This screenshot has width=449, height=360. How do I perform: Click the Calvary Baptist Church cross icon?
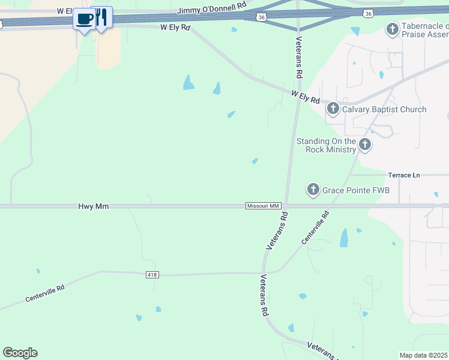tap(333, 109)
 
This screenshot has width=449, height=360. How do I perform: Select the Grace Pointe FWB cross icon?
tap(313, 190)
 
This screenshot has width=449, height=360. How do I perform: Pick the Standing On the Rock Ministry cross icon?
tap(365, 144)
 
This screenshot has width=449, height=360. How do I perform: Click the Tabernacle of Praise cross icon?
tap(393, 29)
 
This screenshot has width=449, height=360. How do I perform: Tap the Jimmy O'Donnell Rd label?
tap(204, 11)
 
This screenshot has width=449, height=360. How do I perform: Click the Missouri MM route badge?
tap(264, 206)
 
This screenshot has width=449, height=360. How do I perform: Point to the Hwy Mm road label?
tap(93, 206)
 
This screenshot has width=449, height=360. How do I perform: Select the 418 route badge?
tap(152, 275)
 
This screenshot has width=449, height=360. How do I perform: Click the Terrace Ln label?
tap(404, 175)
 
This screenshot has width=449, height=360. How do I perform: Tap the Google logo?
tap(20, 353)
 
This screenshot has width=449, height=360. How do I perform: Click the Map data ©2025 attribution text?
tap(424, 355)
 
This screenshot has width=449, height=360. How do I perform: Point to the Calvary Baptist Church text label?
tap(384, 109)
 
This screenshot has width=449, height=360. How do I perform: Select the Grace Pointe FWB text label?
tap(356, 190)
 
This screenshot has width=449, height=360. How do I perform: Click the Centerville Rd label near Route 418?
tap(44, 293)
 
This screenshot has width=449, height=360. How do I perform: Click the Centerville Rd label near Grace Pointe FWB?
tap(316, 227)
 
